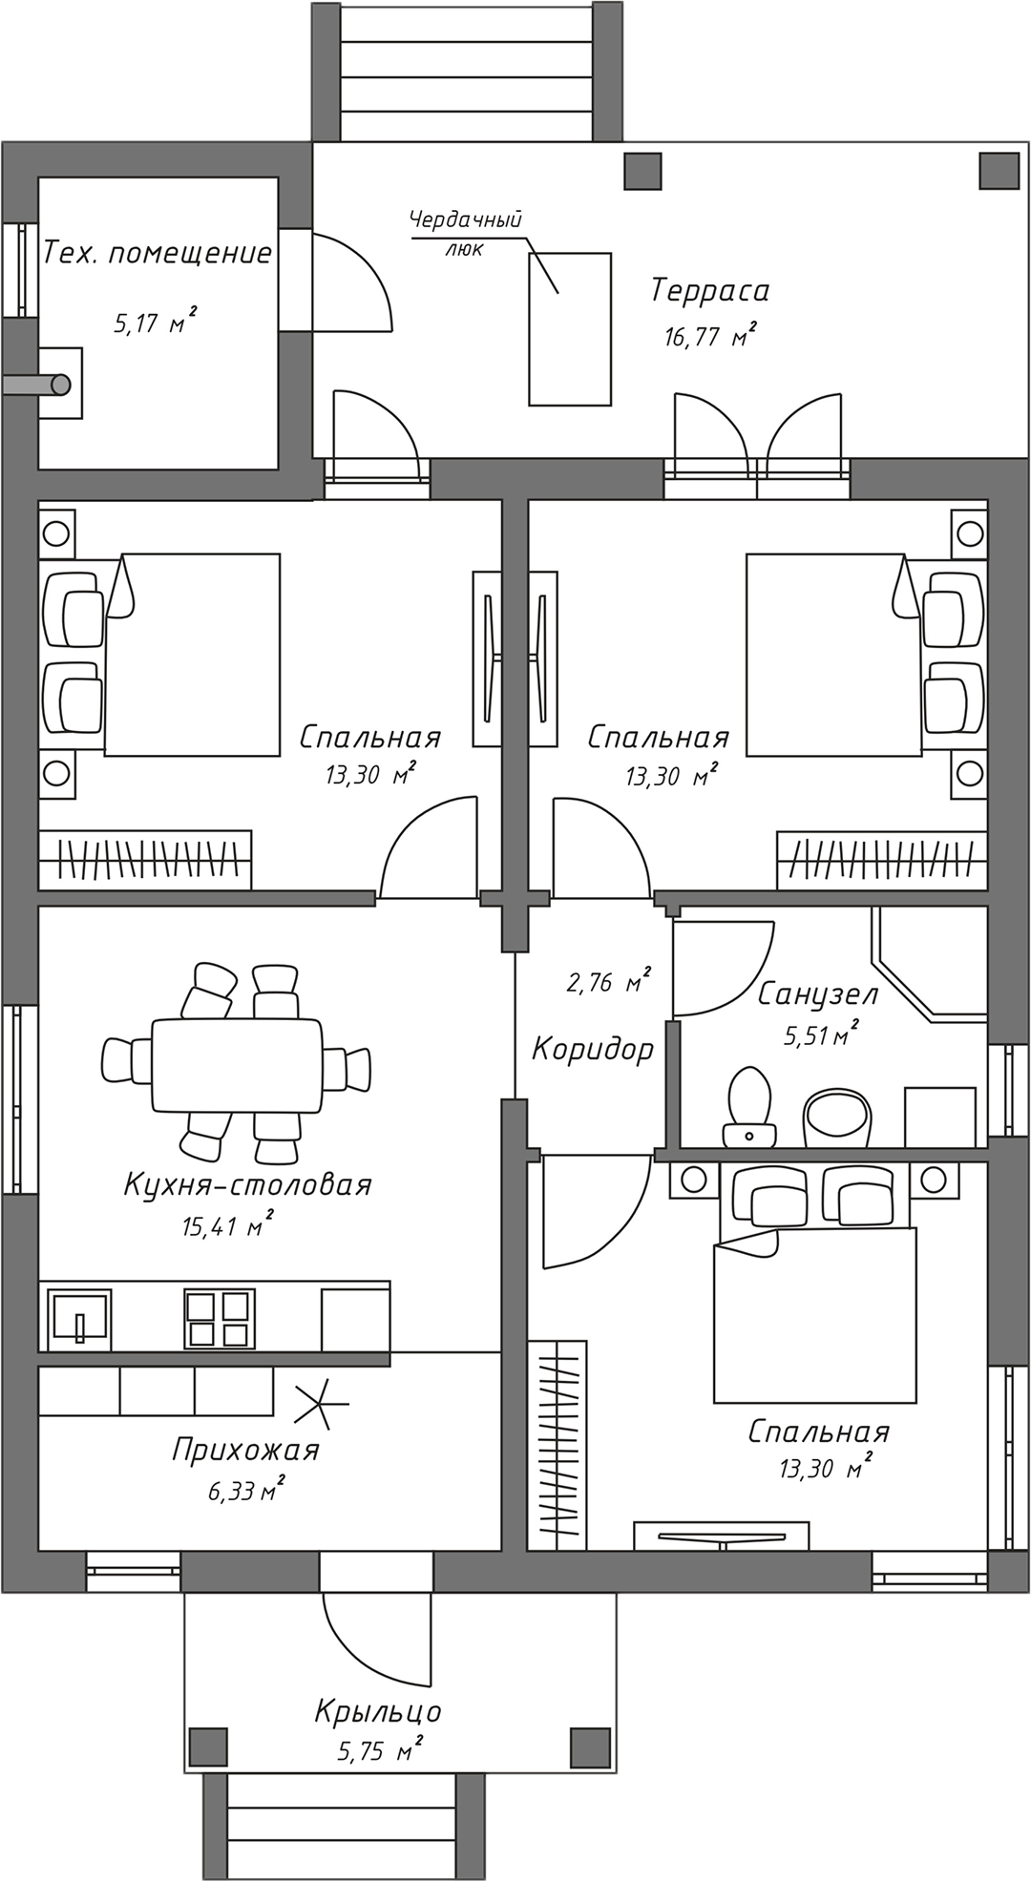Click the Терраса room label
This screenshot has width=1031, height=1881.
click(709, 290)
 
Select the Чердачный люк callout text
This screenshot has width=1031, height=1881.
click(465, 233)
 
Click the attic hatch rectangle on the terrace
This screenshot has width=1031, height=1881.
click(570, 329)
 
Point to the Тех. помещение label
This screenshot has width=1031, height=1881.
click(158, 253)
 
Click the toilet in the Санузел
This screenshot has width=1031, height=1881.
click(749, 1108)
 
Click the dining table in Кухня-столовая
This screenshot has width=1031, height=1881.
click(238, 1065)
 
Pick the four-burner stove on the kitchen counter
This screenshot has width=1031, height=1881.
click(220, 1319)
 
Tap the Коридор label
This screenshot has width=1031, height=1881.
click(592, 1049)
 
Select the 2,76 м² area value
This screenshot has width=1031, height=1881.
click(607, 982)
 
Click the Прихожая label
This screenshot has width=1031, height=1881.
click(245, 1450)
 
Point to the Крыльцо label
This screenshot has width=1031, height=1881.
click(378, 1711)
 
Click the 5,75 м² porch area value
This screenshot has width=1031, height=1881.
click(379, 1751)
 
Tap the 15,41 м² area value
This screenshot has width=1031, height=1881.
click(227, 1225)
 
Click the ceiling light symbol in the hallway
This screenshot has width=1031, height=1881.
click(322, 1404)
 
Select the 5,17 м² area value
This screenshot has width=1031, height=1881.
click(155, 323)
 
